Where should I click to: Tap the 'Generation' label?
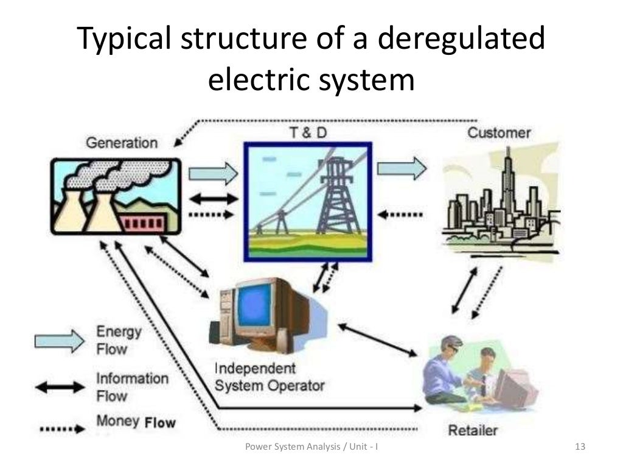tap(122, 143)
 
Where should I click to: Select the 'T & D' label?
tap(308, 132)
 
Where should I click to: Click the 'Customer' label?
tap(499, 133)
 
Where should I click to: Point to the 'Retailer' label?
tap(473, 430)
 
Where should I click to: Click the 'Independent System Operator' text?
tap(270, 377)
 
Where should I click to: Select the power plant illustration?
tap(116, 196)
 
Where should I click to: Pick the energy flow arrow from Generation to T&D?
tap(212, 174)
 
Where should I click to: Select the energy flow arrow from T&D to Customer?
tap(401, 168)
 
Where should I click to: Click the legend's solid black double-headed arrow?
tap(59, 387)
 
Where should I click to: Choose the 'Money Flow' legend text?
tap(136, 421)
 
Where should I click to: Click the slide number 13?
tap(579, 448)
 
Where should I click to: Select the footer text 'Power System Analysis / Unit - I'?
tap(311, 448)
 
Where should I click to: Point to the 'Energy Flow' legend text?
tap(119, 341)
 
